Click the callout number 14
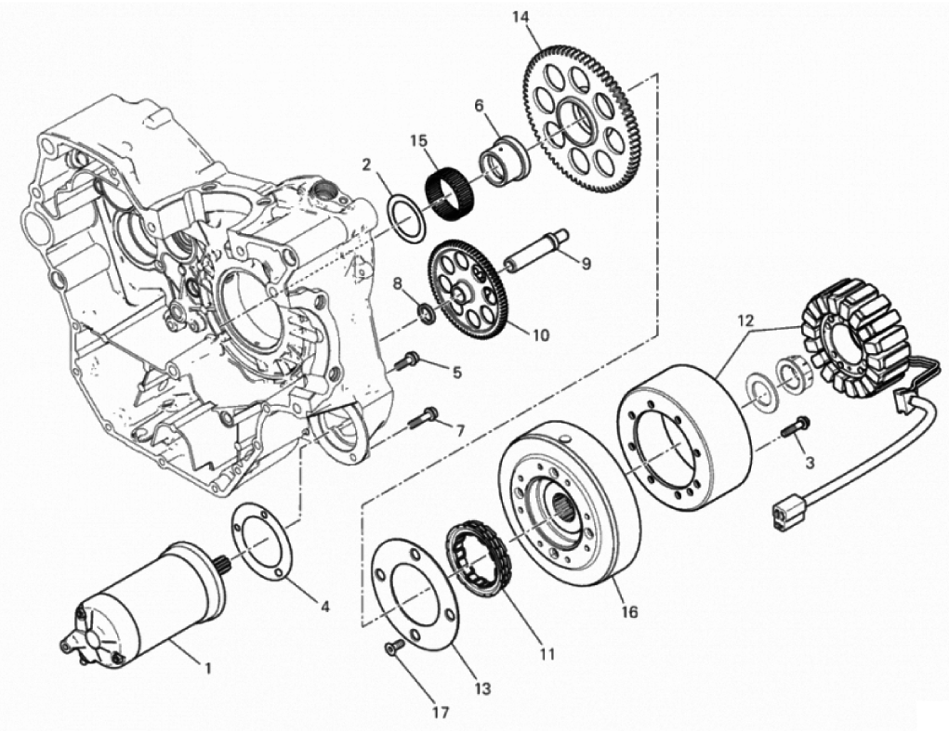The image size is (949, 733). (521, 17)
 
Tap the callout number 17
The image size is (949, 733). (442, 713)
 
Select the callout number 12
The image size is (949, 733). (746, 320)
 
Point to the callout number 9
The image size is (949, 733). (586, 264)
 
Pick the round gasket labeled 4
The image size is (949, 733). (262, 544)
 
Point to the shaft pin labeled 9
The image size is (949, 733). (538, 247)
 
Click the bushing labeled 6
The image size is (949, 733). (505, 164)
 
